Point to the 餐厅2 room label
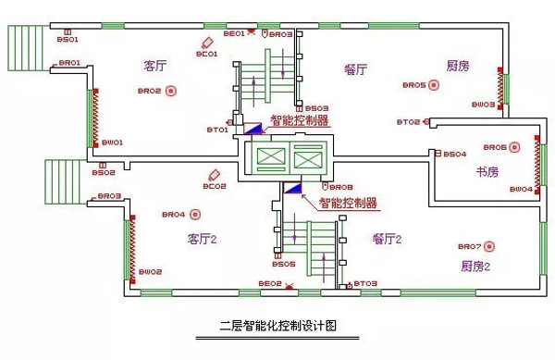[388, 239]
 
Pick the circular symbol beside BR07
[490, 247]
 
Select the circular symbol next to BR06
[516, 147]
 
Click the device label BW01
[112, 143]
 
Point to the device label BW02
[151, 271]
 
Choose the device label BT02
[409, 122]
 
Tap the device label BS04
[455, 154]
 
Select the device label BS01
[68, 40]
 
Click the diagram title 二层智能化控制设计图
[277, 326]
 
